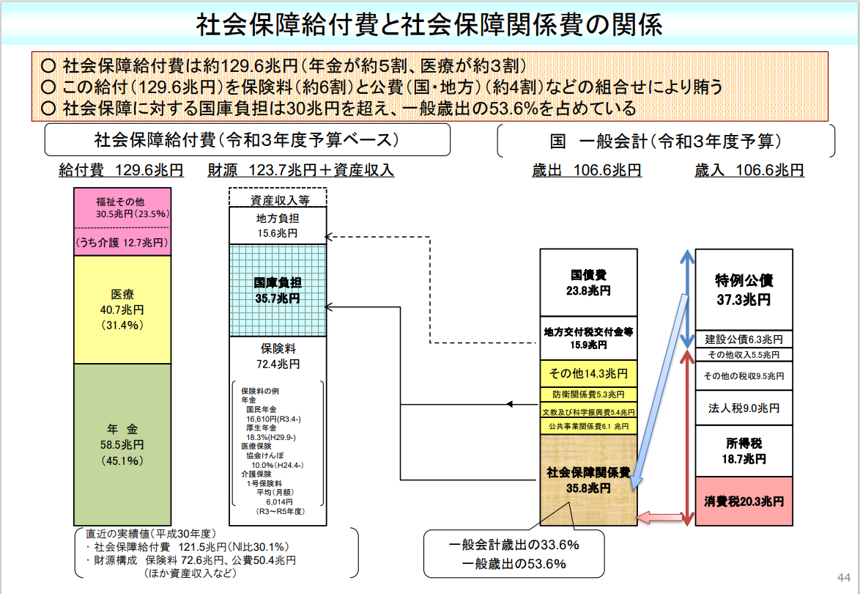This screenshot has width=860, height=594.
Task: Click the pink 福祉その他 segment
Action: point(122,221)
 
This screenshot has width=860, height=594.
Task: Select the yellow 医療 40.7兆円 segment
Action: point(122,309)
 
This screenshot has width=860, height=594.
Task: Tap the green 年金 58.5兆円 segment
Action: point(122,444)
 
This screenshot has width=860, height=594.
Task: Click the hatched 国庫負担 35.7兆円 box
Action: point(278,290)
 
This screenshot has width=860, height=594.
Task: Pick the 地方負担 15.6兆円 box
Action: point(278,226)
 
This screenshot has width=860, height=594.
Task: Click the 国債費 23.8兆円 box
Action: point(588,283)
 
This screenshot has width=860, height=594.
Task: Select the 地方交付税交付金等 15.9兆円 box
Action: point(588,338)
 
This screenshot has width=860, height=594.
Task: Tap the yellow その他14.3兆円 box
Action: point(588,373)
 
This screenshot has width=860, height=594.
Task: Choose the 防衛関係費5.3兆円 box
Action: point(588,395)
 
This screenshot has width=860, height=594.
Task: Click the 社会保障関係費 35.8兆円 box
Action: point(588,480)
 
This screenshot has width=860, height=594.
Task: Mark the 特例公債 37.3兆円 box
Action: point(744,290)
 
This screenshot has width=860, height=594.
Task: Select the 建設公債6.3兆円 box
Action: point(744,340)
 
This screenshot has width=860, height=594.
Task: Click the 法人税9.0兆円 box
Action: point(744,408)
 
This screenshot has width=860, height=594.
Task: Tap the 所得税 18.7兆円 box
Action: point(744,451)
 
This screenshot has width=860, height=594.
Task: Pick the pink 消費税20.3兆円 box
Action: point(744,501)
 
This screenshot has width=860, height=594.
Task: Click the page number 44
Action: point(844,578)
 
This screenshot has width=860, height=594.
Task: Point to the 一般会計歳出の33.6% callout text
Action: point(514,545)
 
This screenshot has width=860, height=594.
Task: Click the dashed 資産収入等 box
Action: point(278,198)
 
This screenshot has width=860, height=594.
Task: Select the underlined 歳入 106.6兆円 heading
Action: point(749,170)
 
